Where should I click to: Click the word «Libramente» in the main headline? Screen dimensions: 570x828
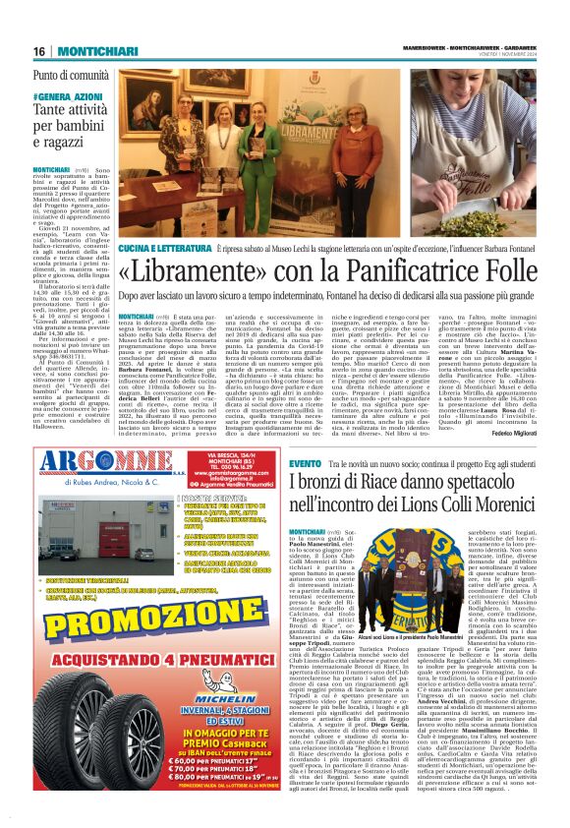196,266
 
